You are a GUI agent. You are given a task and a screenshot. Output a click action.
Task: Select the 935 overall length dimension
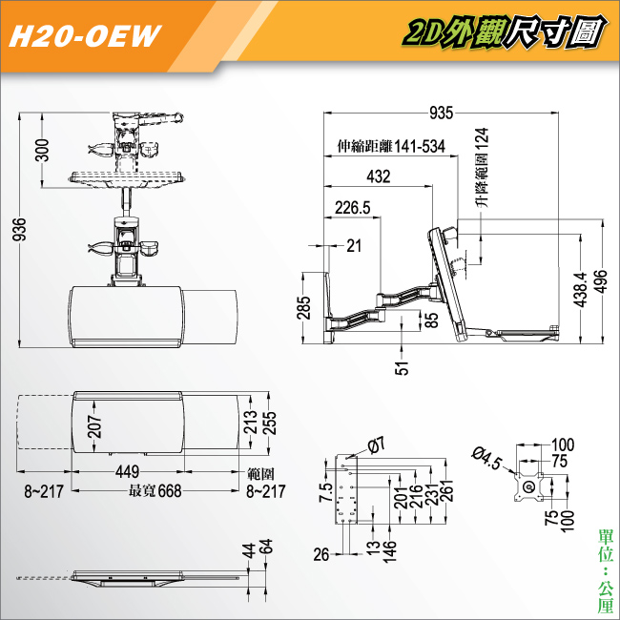coord(440,114)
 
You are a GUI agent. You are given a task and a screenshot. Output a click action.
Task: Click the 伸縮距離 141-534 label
coord(391,147)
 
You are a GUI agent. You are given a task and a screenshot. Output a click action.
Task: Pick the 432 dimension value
coord(378,176)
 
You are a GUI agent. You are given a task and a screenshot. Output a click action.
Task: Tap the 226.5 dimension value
coord(352,207)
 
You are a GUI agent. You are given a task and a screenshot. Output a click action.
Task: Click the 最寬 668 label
coord(155,492)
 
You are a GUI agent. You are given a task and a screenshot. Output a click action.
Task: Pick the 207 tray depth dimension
coord(94,425)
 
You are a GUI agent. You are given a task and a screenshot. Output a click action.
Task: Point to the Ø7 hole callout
coord(376,445)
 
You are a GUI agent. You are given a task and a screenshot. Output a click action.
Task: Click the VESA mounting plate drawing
coord(527,486)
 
